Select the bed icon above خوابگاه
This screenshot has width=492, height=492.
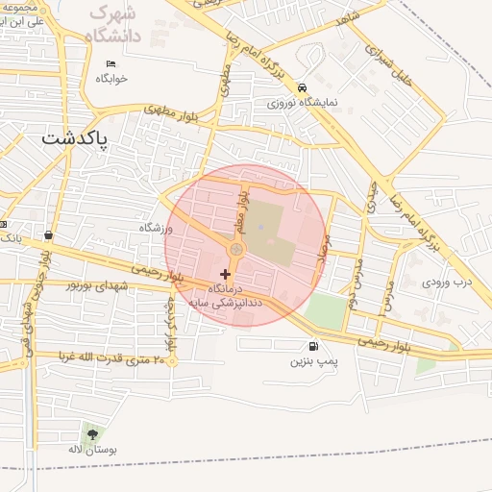(x=111, y=63)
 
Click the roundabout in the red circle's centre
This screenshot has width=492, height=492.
(x=236, y=250)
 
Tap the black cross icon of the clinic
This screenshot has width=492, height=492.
(x=226, y=275)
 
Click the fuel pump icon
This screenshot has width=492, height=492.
(x=312, y=347)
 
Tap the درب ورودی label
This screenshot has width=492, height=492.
(x=449, y=283)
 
